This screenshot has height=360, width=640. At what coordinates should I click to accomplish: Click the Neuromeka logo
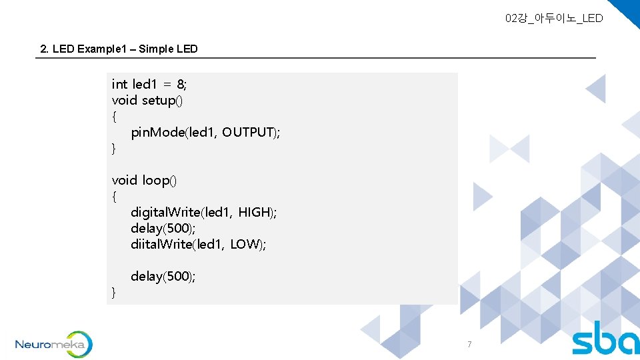tap(53, 345)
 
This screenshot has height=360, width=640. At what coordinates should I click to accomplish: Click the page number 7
tap(469, 345)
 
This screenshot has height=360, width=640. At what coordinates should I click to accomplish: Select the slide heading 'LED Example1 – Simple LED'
tap(119, 49)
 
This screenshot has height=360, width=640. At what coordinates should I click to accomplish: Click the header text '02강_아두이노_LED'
tap(553, 18)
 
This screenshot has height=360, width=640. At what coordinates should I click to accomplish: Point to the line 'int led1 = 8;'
tap(149, 84)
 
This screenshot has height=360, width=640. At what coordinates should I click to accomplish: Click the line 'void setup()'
tap(147, 100)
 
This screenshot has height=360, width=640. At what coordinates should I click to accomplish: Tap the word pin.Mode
tap(158, 132)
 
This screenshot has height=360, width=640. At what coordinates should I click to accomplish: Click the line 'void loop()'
tap(144, 180)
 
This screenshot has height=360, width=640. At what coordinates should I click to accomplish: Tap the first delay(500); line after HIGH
tap(163, 228)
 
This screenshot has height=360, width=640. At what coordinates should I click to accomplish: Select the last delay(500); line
tap(163, 276)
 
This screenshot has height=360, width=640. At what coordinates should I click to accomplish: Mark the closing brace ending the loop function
tap(114, 292)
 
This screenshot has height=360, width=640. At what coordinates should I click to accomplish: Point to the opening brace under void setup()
tap(114, 117)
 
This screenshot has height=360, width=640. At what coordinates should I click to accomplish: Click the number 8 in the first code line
tap(181, 84)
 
